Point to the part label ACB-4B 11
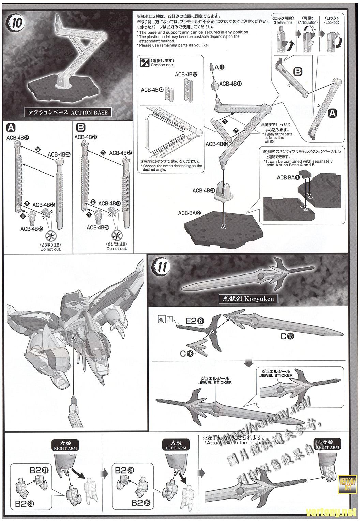pos(230,84)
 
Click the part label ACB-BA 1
pos(288,177)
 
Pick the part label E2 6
pos(195,321)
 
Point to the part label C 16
pos(186,354)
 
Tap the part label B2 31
pos(39,470)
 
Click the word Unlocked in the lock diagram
pos(283,23)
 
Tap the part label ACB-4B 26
pos(17,137)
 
